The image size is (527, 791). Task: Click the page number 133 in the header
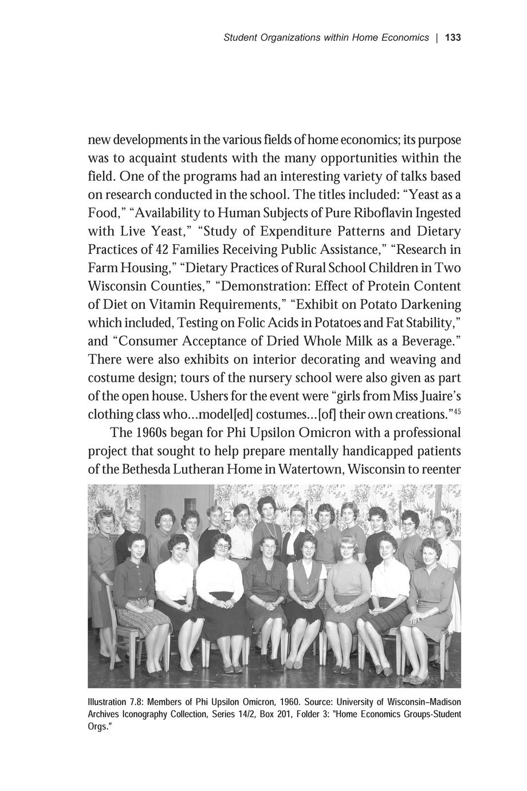tap(453, 38)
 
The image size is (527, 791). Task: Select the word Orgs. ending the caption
tap(98, 726)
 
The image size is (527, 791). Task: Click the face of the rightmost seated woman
tap(430, 553)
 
